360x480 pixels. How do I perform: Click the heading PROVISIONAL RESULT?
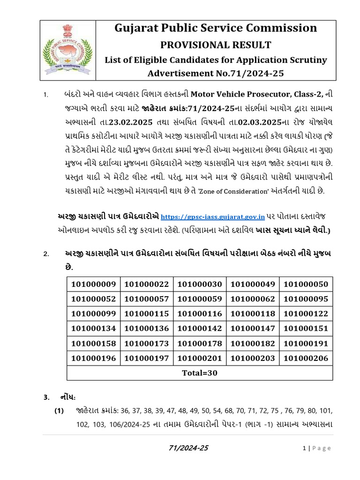[216, 45]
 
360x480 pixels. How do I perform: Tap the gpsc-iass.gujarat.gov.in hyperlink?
[213, 217]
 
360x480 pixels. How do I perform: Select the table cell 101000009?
[93, 284]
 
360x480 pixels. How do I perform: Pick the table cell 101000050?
[306, 284]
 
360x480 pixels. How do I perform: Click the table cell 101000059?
[200, 299]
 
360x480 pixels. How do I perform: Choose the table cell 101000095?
[306, 299]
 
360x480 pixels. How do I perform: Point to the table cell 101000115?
[147, 314]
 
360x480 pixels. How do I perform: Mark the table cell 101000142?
[200, 328]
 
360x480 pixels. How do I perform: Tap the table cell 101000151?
[306, 328]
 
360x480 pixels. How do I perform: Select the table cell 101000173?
[147, 343]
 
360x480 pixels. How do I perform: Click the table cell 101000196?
[93, 358]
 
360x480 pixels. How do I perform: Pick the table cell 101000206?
[306, 358]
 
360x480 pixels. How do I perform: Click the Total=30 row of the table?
[200, 373]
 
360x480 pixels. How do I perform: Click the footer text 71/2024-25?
[188, 448]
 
